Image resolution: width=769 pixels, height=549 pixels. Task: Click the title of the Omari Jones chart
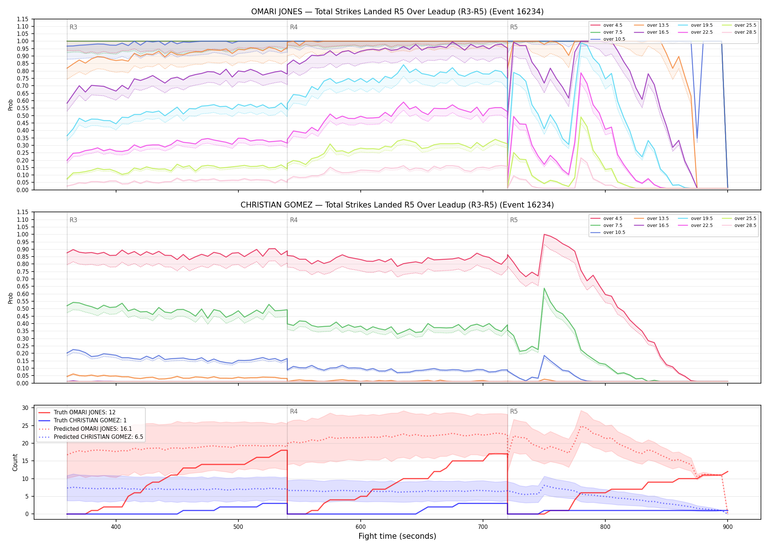tap(397, 12)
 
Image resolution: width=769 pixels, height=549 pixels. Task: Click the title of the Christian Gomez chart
tap(397, 205)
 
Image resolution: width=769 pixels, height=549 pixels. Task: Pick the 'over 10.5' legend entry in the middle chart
tap(608, 232)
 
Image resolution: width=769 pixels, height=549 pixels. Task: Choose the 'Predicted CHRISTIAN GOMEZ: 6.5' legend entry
tap(91, 437)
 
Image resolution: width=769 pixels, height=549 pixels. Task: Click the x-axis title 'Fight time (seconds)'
tap(397, 536)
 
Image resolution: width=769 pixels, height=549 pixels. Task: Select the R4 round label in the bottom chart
tap(294, 411)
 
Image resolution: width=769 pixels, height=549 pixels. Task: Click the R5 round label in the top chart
tap(514, 27)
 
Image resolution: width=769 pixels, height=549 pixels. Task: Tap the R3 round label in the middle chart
tap(73, 220)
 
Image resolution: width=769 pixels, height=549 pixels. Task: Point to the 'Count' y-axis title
tap(15, 462)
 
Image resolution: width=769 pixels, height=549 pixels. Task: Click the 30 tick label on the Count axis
tap(26, 408)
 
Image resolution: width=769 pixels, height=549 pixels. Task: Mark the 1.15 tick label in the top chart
tap(23, 19)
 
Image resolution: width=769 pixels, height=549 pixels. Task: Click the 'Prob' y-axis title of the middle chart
tap(11, 298)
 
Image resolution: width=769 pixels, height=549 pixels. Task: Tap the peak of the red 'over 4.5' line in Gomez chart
tap(544, 234)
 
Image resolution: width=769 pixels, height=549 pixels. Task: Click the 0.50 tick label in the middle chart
tap(23, 309)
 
